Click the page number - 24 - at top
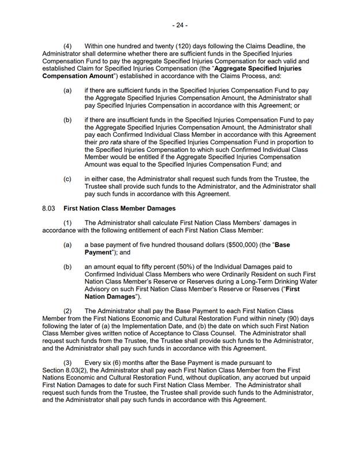[x=180, y=25]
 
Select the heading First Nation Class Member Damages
[x=119, y=208]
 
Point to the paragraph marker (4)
[x=67, y=46]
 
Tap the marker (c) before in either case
[x=67, y=179]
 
